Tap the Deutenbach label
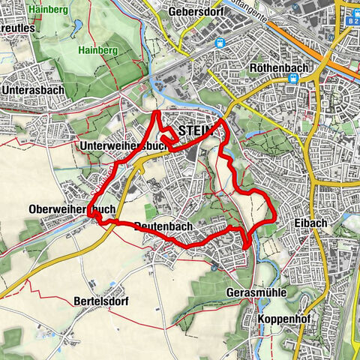[165, 226]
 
